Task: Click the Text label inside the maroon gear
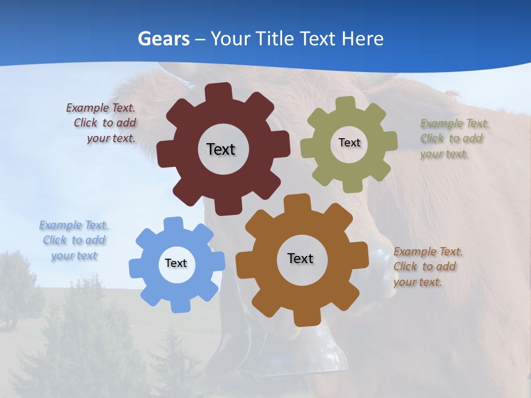point(221,149)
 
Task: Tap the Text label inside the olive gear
point(349,143)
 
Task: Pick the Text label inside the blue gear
point(176,263)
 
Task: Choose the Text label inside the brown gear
point(300,258)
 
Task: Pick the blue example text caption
point(74,240)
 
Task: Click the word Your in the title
point(230,39)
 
